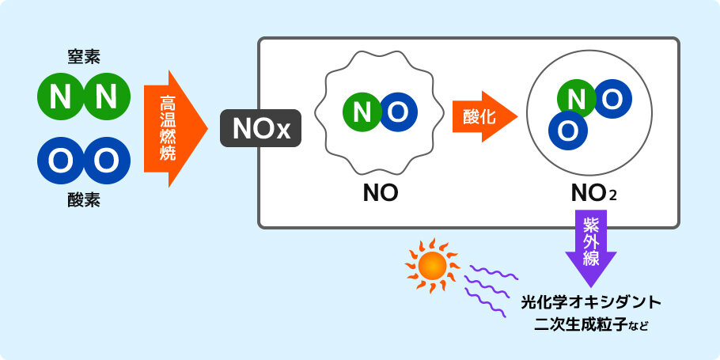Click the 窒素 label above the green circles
pyautogui.click(x=84, y=56)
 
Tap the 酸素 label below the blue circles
pyautogui.click(x=84, y=200)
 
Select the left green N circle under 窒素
pyautogui.click(x=61, y=98)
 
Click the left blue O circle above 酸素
pyautogui.click(x=61, y=161)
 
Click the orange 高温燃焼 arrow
pyautogui.click(x=169, y=128)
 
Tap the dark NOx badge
pyautogui.click(x=260, y=129)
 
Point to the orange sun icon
pyautogui.click(x=433, y=267)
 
